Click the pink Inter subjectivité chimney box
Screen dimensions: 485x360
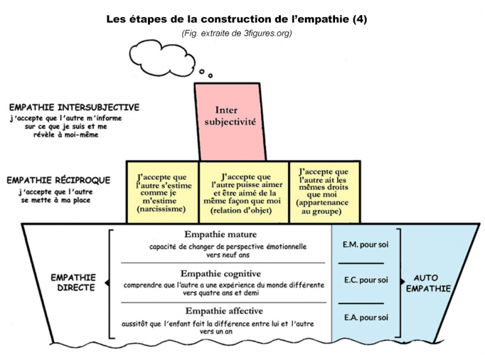tap(231, 121)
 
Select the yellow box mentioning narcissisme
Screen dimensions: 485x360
tap(163, 192)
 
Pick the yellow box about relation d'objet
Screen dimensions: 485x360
tap(244, 192)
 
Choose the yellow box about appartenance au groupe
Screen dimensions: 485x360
tap(325, 192)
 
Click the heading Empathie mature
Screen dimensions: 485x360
tap(220, 234)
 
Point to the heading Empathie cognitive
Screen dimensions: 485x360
tap(220, 274)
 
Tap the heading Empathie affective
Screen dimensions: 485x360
tap(224, 310)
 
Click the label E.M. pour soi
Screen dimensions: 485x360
tap(365, 244)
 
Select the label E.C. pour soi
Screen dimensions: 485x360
tap(366, 280)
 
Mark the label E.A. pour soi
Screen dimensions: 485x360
tap(366, 317)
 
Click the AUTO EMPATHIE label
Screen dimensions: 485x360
tap(428, 283)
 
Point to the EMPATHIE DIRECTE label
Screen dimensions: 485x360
tap(74, 283)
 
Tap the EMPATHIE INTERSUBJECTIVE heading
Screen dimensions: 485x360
tap(74, 107)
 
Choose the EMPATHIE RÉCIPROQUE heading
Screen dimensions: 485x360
tap(59, 180)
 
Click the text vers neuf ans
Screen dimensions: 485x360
tap(227, 255)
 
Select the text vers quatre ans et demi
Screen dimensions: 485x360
tap(220, 293)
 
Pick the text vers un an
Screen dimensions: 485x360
tap(216, 332)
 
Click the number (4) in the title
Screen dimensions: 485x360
tap(360, 19)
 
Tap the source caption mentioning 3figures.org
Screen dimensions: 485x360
tap(237, 33)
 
